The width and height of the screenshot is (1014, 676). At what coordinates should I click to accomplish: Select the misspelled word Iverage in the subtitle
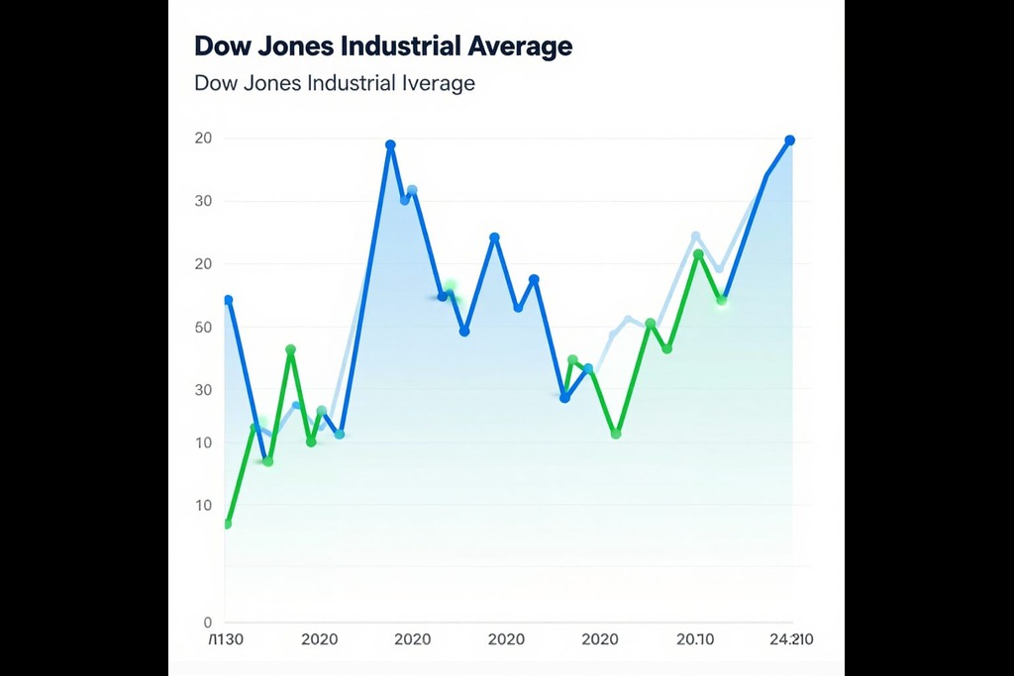[x=436, y=83]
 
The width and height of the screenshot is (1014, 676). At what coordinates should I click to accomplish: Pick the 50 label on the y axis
[x=203, y=328]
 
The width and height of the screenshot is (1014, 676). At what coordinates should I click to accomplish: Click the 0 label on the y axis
[x=208, y=623]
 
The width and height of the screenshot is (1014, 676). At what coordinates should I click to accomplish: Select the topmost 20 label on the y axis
[x=203, y=139]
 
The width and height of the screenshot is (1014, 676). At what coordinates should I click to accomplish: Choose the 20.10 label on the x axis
[x=695, y=639]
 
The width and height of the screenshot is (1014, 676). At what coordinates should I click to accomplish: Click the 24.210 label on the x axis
[x=791, y=639]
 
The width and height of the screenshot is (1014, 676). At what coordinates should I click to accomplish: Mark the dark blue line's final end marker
[x=789, y=141]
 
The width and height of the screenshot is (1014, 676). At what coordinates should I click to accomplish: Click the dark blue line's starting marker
[x=228, y=300]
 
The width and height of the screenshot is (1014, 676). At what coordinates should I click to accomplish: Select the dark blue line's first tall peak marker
[x=390, y=145]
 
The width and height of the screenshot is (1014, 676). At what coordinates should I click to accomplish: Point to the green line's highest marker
[x=698, y=255]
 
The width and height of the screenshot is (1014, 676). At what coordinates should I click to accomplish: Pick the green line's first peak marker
[x=290, y=349]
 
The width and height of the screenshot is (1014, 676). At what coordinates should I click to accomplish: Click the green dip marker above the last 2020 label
[x=616, y=434]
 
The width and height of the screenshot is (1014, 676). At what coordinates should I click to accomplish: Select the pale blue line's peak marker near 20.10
[x=695, y=237]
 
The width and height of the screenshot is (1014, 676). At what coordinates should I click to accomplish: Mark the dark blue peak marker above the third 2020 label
[x=494, y=238]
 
